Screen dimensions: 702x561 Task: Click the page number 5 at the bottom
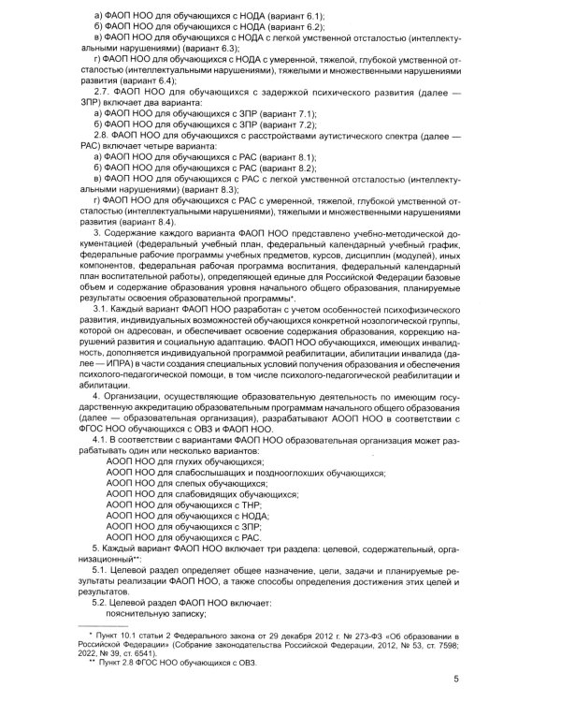[455, 681]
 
